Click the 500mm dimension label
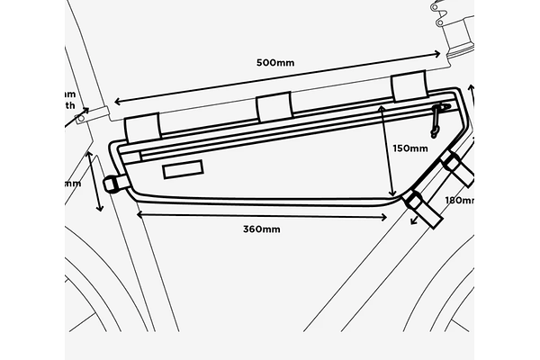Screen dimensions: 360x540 click(x=275, y=64)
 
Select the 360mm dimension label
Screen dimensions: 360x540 click(x=261, y=229)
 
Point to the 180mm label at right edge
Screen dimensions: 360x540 click(x=459, y=200)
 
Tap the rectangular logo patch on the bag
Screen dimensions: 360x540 click(x=184, y=169)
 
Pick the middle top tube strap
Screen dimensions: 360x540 click(x=274, y=108)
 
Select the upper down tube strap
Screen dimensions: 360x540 click(x=452, y=165)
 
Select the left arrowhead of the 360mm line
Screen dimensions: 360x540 click(x=139, y=214)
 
